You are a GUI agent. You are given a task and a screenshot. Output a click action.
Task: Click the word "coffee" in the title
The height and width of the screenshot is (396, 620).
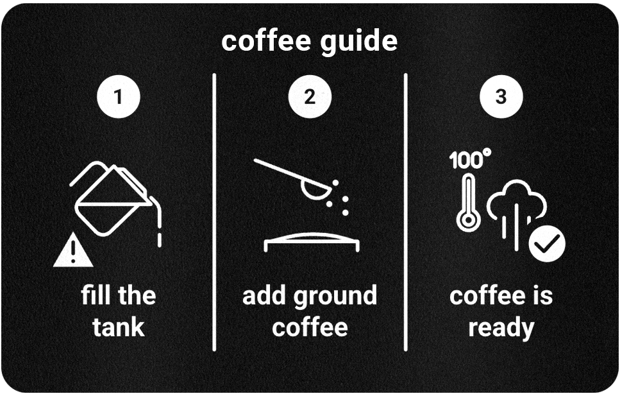pyautogui.click(x=264, y=41)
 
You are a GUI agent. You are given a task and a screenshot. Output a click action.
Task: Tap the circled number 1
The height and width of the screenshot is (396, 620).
pyautogui.click(x=118, y=97)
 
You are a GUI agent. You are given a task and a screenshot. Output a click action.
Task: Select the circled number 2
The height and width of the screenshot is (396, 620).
pyautogui.click(x=310, y=97)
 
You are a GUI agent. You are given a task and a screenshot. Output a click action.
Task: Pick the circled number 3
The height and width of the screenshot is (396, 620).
pyautogui.click(x=501, y=97)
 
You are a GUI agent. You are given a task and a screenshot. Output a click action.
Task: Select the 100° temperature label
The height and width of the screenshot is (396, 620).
pyautogui.click(x=470, y=160)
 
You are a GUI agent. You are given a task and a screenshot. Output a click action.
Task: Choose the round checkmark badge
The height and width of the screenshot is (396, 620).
pyautogui.click(x=547, y=243)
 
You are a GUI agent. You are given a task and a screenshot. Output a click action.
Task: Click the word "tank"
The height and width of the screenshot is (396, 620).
pyautogui.click(x=119, y=327)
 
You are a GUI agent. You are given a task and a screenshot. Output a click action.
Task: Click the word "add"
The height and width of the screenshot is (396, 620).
pyautogui.click(x=265, y=296)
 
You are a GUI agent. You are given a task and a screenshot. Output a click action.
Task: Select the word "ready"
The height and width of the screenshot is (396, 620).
pyautogui.click(x=501, y=328)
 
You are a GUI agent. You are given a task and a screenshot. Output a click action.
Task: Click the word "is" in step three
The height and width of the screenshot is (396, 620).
pyautogui.click(x=542, y=296)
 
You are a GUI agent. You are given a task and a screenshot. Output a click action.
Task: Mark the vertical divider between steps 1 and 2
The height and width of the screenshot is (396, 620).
pyautogui.click(x=214, y=212)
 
